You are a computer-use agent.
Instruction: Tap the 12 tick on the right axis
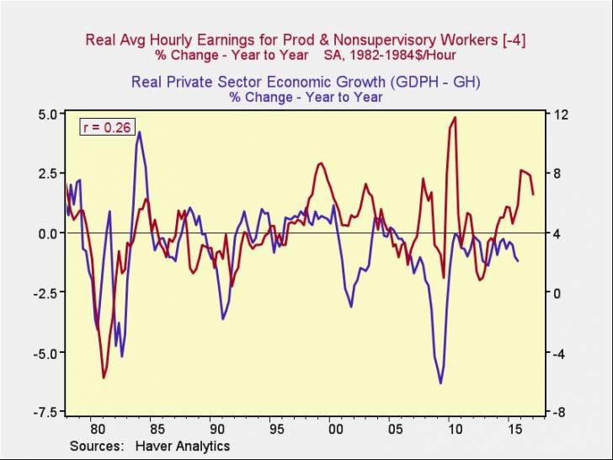click(x=557, y=114)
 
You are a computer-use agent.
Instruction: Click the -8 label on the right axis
click(x=557, y=412)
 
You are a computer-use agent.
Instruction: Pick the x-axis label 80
click(x=97, y=427)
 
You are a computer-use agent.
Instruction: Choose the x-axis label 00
click(x=336, y=427)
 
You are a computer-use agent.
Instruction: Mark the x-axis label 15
click(x=514, y=427)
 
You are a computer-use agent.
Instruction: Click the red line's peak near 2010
click(x=455, y=118)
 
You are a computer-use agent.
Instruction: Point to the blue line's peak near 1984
click(x=139, y=132)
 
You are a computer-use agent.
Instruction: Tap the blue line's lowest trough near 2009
click(x=440, y=383)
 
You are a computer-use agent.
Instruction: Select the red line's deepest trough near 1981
click(x=104, y=377)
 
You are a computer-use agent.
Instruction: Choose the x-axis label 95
click(x=276, y=427)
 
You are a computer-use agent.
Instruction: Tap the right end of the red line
click(x=533, y=195)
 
